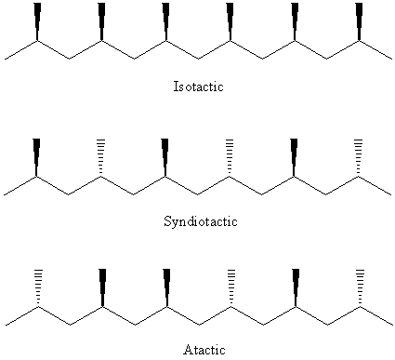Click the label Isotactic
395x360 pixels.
click(x=198, y=87)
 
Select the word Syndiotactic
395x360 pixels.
click(x=201, y=221)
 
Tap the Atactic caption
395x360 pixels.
click(x=204, y=350)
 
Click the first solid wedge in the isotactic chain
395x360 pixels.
click(x=37, y=21)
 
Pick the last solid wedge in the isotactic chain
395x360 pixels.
click(x=359, y=21)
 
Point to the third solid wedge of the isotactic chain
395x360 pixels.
click(x=165, y=21)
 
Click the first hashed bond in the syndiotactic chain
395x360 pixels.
click(x=100, y=157)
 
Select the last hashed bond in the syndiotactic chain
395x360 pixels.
click(x=359, y=157)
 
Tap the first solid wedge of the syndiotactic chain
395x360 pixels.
click(x=36, y=157)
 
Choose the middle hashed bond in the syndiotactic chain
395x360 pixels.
click(x=230, y=157)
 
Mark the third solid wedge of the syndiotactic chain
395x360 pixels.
click(x=294, y=157)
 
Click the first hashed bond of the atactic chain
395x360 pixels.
click(x=38, y=287)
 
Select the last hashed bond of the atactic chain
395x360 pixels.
click(x=360, y=287)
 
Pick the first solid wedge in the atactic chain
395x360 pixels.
click(x=102, y=287)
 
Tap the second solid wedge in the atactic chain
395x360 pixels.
click(x=166, y=287)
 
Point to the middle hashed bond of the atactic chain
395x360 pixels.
click(x=231, y=287)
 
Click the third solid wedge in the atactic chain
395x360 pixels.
click(x=296, y=287)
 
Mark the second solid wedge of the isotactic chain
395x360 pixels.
click(x=101, y=21)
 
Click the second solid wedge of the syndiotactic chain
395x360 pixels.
click(x=165, y=157)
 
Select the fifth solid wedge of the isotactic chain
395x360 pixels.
click(x=295, y=21)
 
